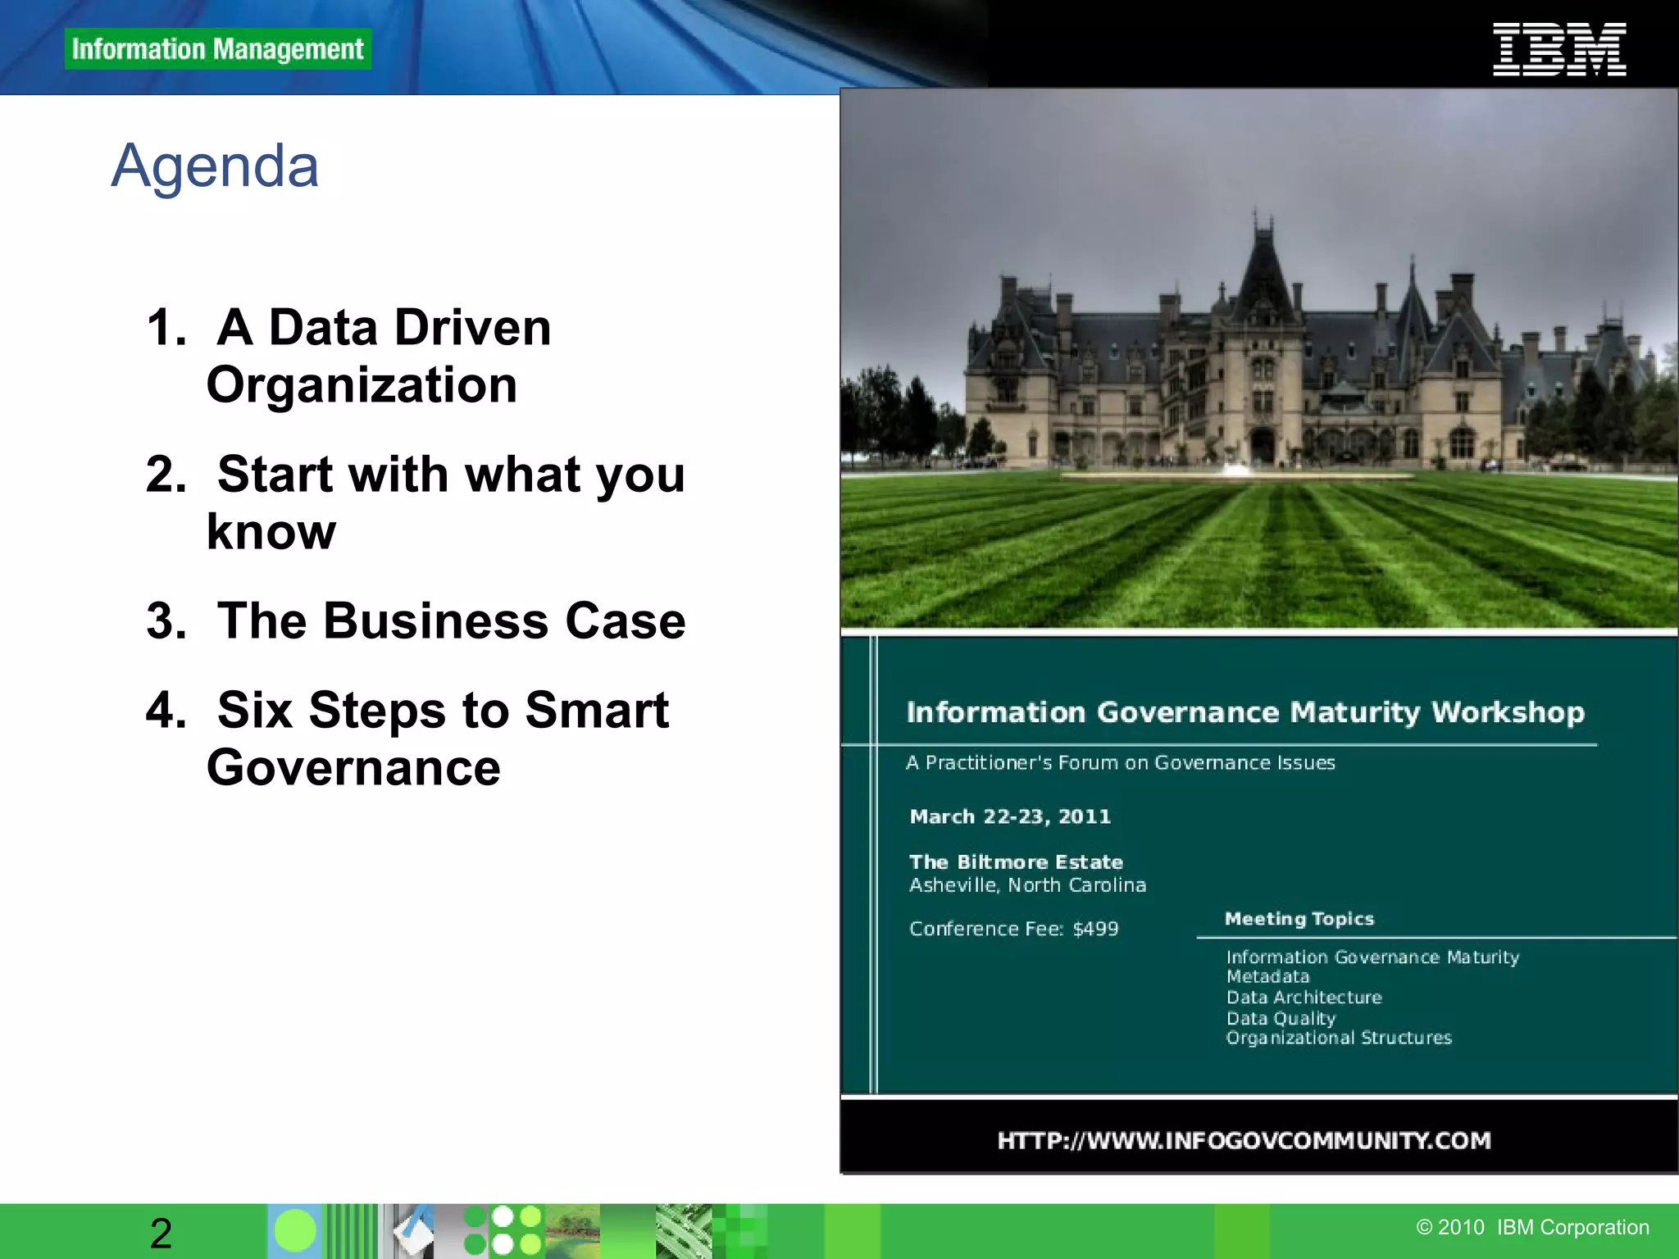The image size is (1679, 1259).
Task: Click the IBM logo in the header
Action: tap(1559, 50)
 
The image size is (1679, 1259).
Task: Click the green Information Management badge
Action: tap(217, 49)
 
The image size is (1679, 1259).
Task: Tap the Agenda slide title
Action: tap(215, 166)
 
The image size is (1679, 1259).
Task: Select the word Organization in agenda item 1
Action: tap(362, 385)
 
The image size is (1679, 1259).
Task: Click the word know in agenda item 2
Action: tap(271, 532)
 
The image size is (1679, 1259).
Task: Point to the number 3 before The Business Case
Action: tap(162, 620)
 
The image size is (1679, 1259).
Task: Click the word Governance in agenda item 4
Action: tap(353, 768)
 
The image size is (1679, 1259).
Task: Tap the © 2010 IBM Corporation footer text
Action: tap(1532, 1227)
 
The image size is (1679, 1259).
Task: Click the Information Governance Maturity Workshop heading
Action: tap(1245, 712)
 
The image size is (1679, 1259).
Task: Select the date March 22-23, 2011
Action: tap(1010, 816)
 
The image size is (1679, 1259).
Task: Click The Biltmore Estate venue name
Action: tap(1016, 862)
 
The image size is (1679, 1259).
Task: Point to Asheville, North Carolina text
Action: tap(1027, 885)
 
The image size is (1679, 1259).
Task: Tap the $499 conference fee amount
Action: tap(1095, 929)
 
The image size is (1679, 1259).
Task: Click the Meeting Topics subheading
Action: tap(1299, 919)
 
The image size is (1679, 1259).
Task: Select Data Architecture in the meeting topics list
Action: tap(1304, 998)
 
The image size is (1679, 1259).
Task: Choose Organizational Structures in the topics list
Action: tap(1339, 1038)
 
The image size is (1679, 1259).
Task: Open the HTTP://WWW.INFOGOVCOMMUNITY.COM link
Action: tap(1244, 1140)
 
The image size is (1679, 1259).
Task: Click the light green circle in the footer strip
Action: tap(294, 1231)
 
